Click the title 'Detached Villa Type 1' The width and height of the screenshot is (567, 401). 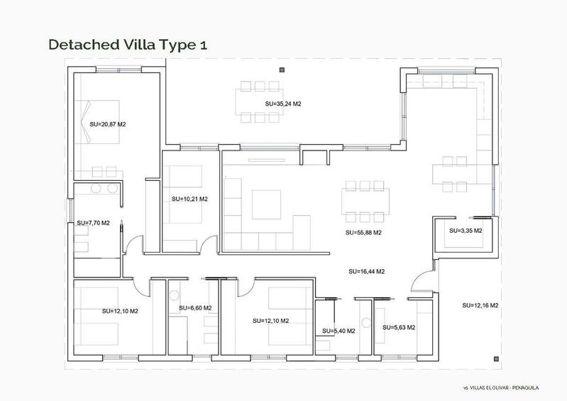pos(128,44)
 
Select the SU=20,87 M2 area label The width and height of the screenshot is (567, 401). pos(108,124)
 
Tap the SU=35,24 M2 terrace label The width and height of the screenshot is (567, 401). pos(283,104)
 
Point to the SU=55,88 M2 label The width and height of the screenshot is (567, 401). pos(363,232)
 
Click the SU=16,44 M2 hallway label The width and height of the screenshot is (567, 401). pos(367,271)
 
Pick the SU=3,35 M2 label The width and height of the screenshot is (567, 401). pos(466,231)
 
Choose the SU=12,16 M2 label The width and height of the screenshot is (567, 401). pos(480,305)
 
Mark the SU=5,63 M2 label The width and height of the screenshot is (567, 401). pos(399,327)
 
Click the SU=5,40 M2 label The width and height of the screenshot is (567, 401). pos(338,331)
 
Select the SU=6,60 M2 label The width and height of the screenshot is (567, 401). pos(192,308)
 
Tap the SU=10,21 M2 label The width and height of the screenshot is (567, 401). pos(189,199)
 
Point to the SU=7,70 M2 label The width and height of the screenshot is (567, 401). pos(93,223)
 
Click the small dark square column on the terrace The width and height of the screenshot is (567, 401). pos(282,70)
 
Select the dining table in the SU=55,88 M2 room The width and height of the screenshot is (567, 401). pos(365,200)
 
